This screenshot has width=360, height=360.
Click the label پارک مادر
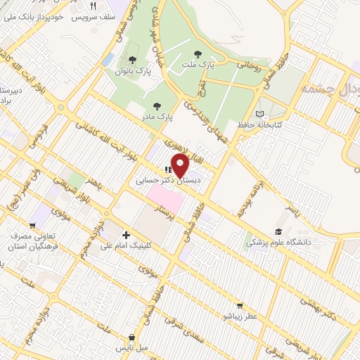pos(157,115)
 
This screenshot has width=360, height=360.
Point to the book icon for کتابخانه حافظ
pos(262,113)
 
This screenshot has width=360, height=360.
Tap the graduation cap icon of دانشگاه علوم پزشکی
pos(279,231)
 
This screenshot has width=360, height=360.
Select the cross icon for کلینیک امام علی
pos(126,235)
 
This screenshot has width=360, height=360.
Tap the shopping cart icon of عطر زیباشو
pos(240,306)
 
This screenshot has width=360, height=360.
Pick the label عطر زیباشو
pos(240,317)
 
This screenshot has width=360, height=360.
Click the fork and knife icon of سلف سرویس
pos(102,4)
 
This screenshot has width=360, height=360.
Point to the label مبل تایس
pos(130,348)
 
